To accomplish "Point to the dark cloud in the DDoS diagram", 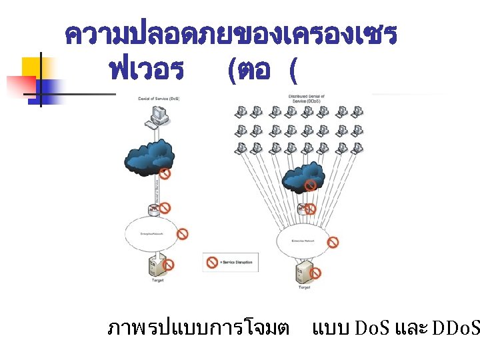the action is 304,181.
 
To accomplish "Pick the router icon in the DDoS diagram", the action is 303,207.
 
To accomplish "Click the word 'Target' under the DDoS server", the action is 304,287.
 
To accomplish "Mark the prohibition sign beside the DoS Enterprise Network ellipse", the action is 182,234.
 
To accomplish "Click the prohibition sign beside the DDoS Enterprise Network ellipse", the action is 333,242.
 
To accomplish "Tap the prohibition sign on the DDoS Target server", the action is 315,273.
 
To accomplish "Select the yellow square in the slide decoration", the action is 33,67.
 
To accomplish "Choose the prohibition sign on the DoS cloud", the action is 165,173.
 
